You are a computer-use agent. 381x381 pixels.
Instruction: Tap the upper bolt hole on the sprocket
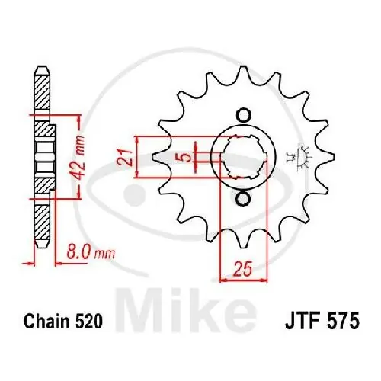242,115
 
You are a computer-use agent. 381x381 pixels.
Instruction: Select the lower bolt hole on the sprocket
242,200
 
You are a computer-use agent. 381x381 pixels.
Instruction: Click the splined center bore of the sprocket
242,158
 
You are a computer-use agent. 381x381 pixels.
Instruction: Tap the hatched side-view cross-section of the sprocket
43,160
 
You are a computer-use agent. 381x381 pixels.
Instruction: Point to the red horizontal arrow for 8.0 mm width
42,264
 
